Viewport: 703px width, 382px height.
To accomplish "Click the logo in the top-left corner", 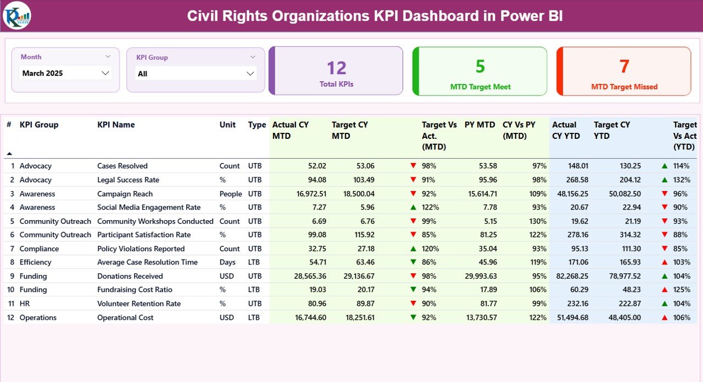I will tap(16, 15).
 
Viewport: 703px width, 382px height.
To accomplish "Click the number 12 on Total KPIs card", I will tap(337, 68).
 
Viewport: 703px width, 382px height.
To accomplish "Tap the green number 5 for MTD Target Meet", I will tap(480, 66).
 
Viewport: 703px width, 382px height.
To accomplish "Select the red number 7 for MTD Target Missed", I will tap(624, 66).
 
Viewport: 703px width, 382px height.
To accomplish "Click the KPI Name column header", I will tap(116, 125).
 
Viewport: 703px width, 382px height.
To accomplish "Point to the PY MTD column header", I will tap(479, 125).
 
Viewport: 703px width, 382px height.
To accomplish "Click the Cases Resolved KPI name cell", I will tap(122, 166).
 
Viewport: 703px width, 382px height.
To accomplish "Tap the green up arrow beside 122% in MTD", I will tap(413, 207).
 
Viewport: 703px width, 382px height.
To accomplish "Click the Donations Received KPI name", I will tap(130, 276).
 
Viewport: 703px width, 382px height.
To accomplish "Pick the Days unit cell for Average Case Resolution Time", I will tap(227, 262).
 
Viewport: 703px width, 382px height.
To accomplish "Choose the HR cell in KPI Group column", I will tap(25, 304).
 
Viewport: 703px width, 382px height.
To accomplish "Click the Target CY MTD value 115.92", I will tap(362, 235).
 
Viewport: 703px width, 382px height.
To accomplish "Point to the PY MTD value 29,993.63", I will tap(477, 276).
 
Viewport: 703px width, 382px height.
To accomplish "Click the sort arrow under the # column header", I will tap(9, 154).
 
